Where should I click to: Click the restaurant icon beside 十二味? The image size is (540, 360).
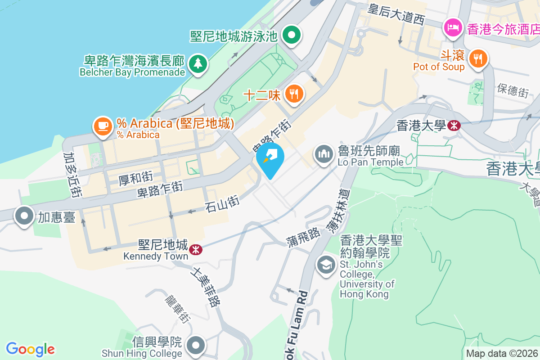294,94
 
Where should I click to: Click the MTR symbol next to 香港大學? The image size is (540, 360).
454,126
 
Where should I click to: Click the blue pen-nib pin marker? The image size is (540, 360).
270,158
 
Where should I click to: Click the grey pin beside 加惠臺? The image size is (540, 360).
25,217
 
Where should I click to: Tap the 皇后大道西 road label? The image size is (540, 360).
396,13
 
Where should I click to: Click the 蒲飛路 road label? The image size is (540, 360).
303,237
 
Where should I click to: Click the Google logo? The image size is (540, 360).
30,349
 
